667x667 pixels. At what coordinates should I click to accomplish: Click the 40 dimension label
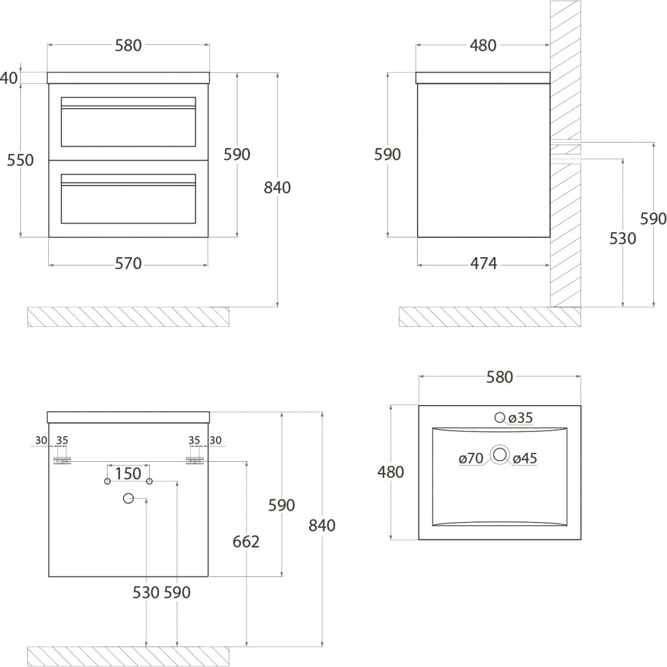click(9, 78)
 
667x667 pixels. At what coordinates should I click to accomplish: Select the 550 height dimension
click(20, 160)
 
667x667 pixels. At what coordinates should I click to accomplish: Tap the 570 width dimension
click(128, 263)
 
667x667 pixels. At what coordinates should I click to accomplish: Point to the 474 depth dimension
click(483, 263)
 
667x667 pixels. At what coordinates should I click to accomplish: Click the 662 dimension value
click(246, 542)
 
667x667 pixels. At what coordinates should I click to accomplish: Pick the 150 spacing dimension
click(128, 474)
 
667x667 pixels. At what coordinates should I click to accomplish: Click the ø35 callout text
click(521, 418)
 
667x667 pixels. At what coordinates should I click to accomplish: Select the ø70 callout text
click(471, 458)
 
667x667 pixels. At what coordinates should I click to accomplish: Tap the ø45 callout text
click(525, 458)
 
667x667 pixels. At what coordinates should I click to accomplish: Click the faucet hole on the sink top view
click(499, 418)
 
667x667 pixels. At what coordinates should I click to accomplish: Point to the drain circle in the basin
click(499, 456)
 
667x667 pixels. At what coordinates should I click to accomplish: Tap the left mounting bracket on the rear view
click(62, 461)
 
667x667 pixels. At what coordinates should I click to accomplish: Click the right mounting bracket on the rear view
click(195, 461)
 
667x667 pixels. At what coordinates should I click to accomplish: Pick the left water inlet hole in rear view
click(107, 481)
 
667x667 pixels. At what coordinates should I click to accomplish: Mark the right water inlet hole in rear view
click(149, 481)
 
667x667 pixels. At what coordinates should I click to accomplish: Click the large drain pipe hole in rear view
click(128, 498)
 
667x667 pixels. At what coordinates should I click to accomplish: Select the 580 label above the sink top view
click(499, 377)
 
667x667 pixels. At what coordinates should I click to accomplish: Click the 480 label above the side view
click(483, 45)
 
